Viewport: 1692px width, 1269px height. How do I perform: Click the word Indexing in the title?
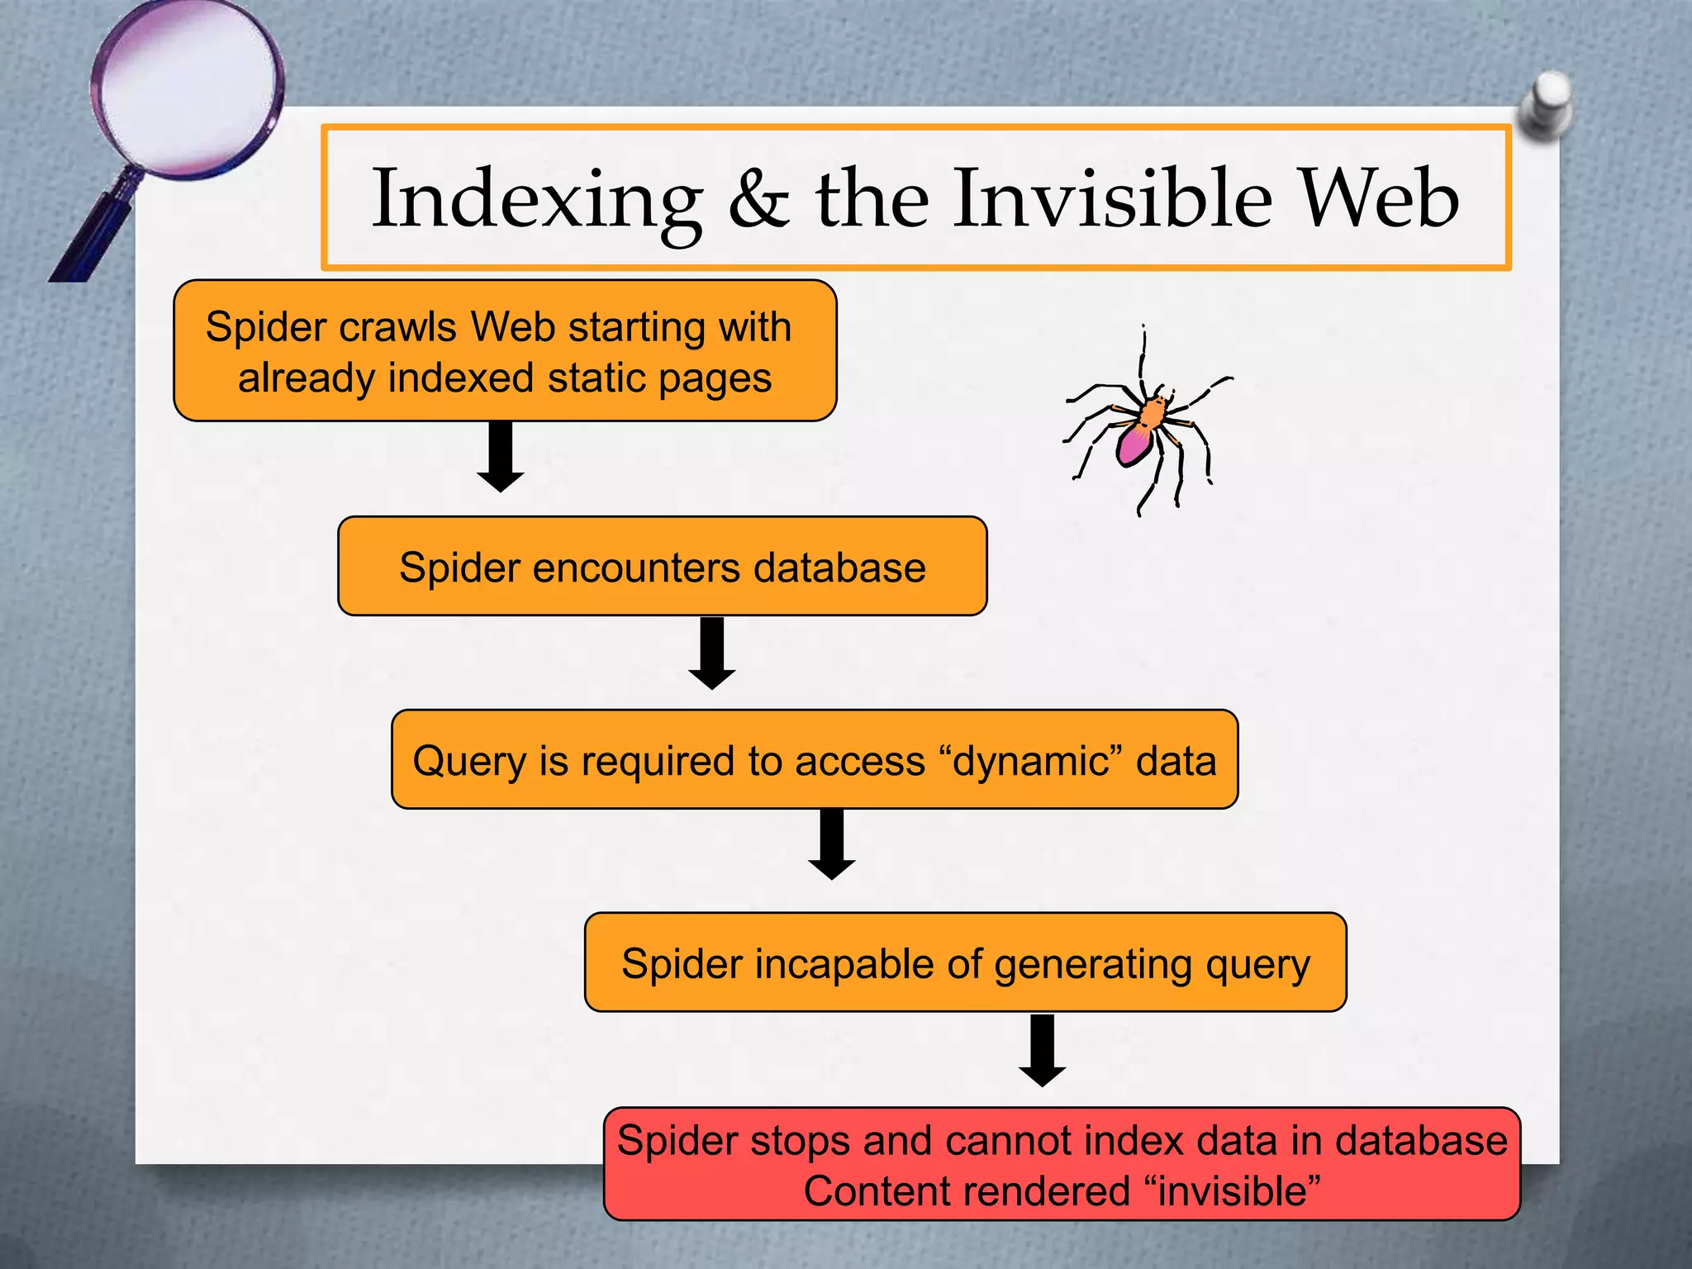tap(537, 201)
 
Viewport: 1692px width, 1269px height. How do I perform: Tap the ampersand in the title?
tap(758, 201)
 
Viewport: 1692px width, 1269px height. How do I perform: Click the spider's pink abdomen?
tap(1134, 444)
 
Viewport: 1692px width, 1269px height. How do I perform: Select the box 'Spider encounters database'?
tap(662, 567)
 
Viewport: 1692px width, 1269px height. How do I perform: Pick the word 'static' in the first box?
tap(597, 378)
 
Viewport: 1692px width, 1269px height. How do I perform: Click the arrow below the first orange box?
tap(501, 456)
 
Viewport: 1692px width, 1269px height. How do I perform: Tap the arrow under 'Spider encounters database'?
tap(711, 653)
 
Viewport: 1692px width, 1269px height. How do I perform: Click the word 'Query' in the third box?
tap(468, 762)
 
